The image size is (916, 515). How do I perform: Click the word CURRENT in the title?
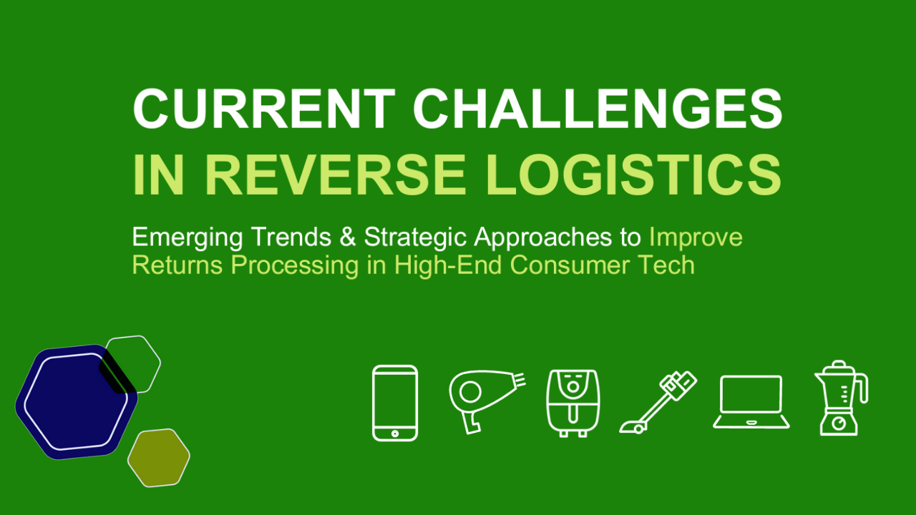pyautogui.click(x=264, y=109)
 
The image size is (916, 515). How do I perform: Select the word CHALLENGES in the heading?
pyautogui.click(x=598, y=109)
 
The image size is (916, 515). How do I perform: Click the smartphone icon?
pyautogui.click(x=395, y=403)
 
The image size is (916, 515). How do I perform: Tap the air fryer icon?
pyautogui.click(x=572, y=403)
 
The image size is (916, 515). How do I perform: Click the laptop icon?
pyautogui.click(x=751, y=402)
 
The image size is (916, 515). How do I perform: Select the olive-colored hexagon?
pyautogui.click(x=159, y=458)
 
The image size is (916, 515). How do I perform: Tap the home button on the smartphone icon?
pyautogui.click(x=395, y=432)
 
